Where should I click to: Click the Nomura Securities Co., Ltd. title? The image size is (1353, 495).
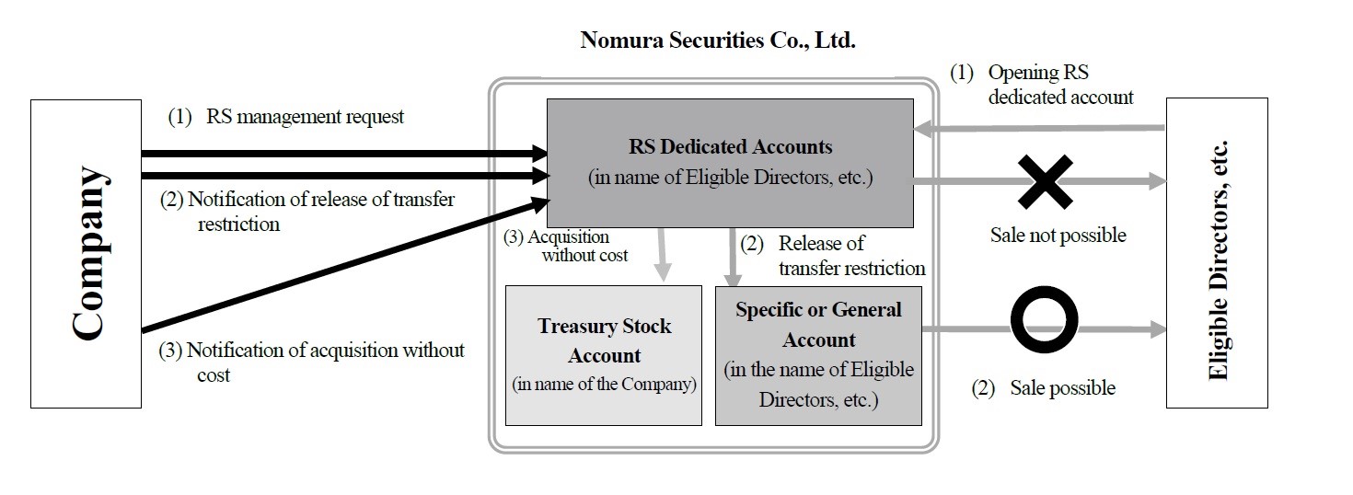pyautogui.click(x=718, y=40)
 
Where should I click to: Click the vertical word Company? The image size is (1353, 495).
pyautogui.click(x=87, y=253)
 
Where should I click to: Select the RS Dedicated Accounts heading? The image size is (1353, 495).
pyautogui.click(x=730, y=146)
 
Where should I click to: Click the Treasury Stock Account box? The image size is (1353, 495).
pyautogui.click(x=604, y=355)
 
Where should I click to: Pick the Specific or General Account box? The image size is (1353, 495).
pyautogui.click(x=818, y=355)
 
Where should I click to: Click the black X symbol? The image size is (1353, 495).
pyautogui.click(x=1044, y=182)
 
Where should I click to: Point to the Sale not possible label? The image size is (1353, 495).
pyautogui.click(x=1058, y=236)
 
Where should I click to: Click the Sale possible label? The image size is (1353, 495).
pyautogui.click(x=1044, y=388)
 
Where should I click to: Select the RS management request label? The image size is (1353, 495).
pyautogui.click(x=286, y=117)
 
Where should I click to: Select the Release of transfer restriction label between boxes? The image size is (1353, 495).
pyautogui.click(x=837, y=256)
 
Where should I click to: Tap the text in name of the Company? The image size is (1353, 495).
pyautogui.click(x=604, y=385)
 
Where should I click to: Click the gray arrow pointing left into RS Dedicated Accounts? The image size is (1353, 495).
pyautogui.click(x=1040, y=131)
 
